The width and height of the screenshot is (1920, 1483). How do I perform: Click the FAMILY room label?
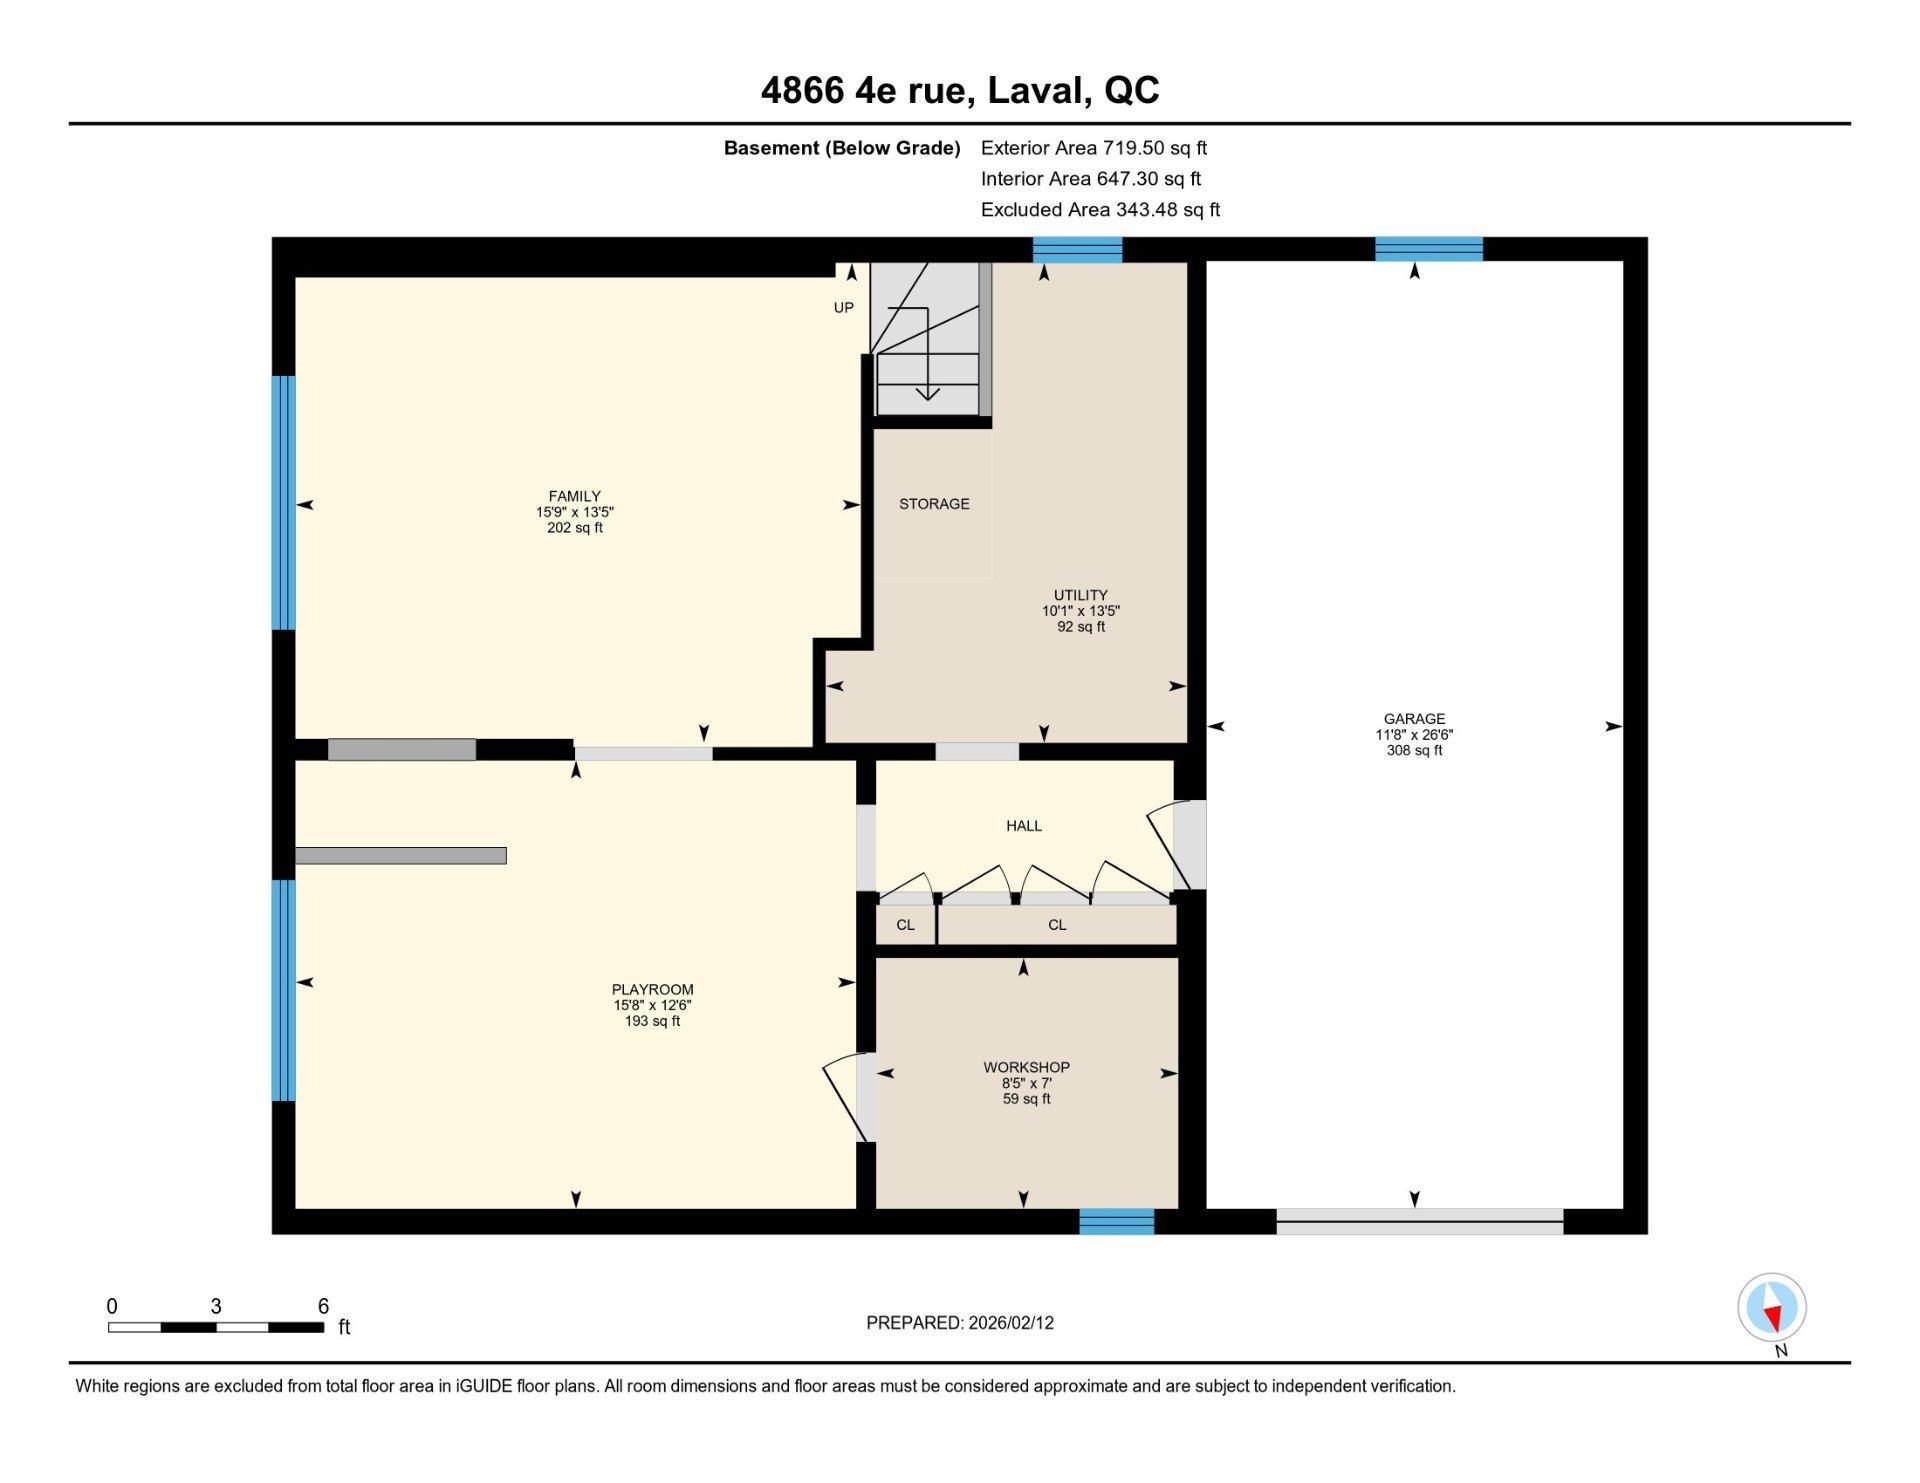574,496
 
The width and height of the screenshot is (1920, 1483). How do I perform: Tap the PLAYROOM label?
653,990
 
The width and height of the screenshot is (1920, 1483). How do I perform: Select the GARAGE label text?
1414,718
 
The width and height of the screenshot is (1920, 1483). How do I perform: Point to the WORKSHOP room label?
1026,1067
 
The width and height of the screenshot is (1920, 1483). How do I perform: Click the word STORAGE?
934,504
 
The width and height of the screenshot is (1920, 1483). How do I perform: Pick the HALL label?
1024,826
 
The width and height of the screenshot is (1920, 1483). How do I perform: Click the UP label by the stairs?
844,308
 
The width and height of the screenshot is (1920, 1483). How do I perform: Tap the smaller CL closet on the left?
905,925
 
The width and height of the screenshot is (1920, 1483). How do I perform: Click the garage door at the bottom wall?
1419,1221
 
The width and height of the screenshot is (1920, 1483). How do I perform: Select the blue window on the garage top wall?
1429,249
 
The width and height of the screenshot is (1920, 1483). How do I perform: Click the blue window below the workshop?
1116,1221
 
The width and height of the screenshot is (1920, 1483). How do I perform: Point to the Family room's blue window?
284,502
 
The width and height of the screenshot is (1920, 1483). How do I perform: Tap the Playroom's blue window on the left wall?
284,990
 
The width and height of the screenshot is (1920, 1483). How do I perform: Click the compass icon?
1772,1307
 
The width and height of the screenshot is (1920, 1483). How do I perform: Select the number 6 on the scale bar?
323,1306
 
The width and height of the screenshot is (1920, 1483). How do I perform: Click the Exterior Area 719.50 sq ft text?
1094,148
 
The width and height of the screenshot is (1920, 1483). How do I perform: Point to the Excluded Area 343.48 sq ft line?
1100,210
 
